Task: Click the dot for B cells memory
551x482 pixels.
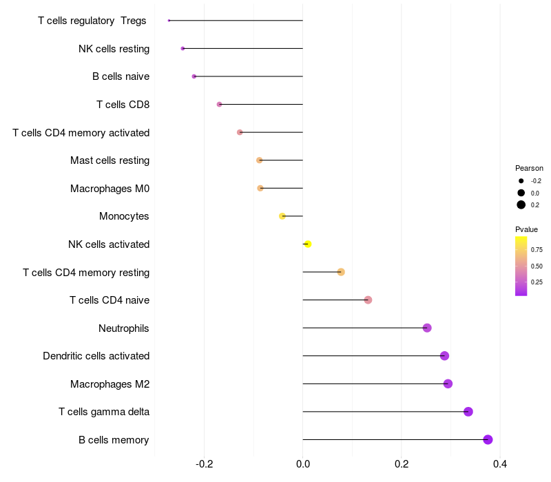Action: [x=488, y=439]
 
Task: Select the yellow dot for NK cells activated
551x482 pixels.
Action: [x=307, y=244]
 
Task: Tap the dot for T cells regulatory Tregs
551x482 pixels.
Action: [x=169, y=21]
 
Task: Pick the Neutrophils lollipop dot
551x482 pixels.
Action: [x=427, y=328]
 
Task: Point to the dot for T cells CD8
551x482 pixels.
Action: [x=219, y=104]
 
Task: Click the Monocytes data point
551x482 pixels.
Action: [x=282, y=216]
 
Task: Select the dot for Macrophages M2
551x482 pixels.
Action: [x=448, y=384]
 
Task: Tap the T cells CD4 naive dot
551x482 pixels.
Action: [x=368, y=300]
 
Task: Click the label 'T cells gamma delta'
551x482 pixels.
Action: [x=104, y=412]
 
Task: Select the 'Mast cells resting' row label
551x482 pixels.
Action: [x=110, y=160]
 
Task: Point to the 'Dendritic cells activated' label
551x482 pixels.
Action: [x=96, y=356]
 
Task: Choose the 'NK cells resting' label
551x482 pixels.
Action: [x=114, y=49]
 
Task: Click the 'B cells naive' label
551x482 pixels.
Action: [x=121, y=76]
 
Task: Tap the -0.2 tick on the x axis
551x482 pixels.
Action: [x=205, y=464]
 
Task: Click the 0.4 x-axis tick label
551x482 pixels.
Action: [x=500, y=464]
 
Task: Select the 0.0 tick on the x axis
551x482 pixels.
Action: [x=303, y=464]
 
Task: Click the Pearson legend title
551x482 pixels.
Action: [x=529, y=168]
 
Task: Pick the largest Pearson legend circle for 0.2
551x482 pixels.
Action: [x=521, y=205]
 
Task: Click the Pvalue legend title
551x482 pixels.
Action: [x=526, y=229]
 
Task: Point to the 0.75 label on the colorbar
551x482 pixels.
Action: [x=537, y=250]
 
